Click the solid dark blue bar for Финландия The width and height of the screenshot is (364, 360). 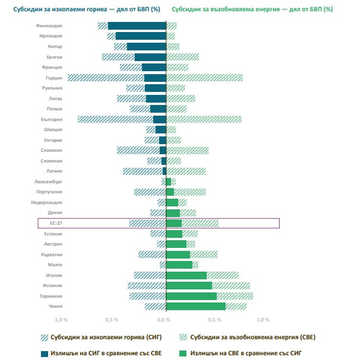point(137,26)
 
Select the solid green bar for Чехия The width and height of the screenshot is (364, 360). point(196,306)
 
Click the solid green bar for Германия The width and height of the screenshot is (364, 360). point(191,296)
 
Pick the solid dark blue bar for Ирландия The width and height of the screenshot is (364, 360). point(141,36)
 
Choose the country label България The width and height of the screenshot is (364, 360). point(52,119)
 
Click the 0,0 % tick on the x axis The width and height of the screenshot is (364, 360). point(164,319)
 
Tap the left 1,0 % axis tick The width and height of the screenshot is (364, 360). point(61,319)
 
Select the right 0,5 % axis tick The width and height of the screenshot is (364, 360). point(217,319)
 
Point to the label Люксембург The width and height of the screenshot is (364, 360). point(49,181)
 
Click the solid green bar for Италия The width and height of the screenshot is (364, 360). point(186,275)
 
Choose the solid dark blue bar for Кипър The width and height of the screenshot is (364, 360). point(147,46)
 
